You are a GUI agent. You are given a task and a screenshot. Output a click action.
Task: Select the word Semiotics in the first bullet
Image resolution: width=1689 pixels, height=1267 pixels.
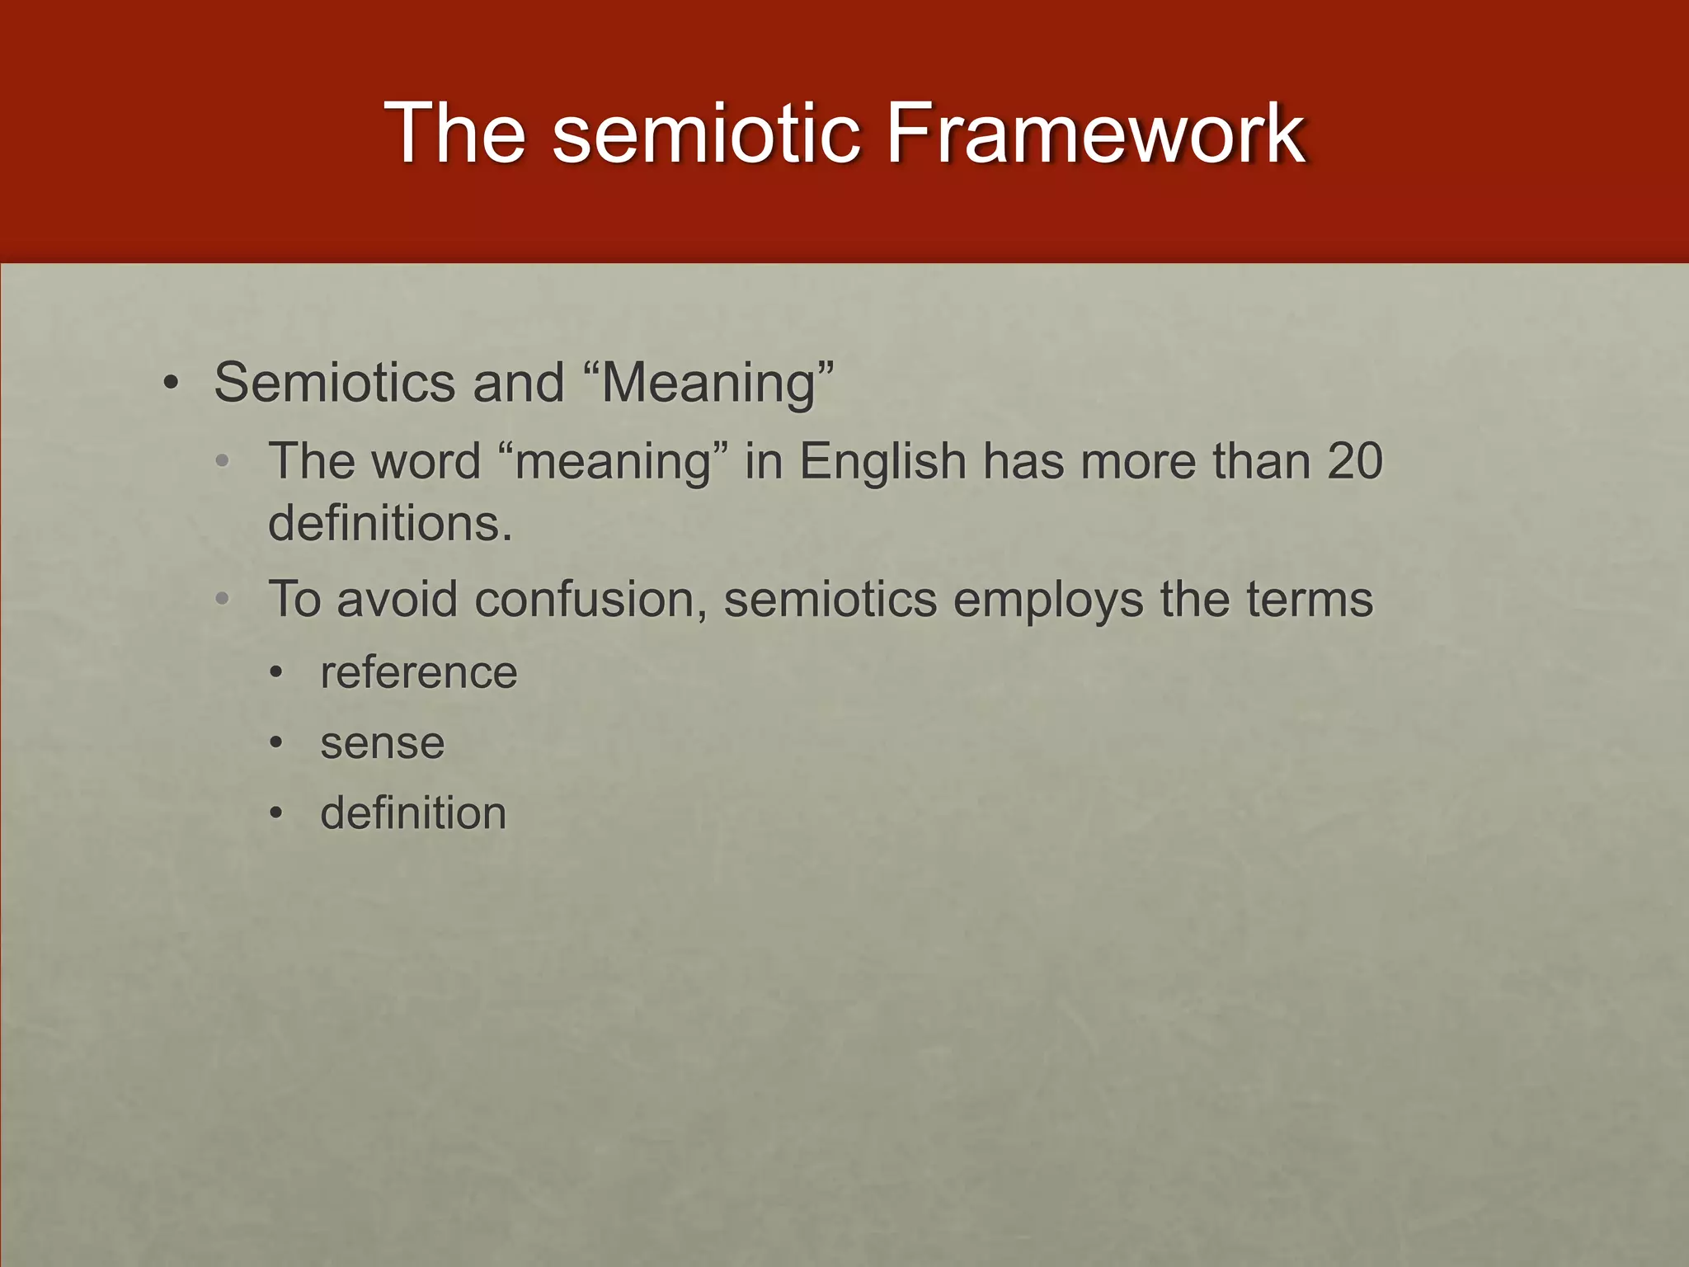[x=334, y=383]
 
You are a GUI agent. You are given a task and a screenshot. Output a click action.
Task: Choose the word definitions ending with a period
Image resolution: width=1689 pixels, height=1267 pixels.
[x=390, y=523]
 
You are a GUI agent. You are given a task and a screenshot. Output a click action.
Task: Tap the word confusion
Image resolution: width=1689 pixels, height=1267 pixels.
[x=590, y=600]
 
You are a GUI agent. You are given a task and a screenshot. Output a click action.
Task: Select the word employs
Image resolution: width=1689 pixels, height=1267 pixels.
[x=1048, y=601]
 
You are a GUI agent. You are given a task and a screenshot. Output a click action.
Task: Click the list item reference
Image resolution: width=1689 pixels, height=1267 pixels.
[x=419, y=672]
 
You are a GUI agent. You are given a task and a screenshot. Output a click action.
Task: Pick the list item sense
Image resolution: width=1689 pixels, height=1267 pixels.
[x=383, y=743]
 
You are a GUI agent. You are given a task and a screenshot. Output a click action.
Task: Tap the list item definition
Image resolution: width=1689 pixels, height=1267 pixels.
[x=413, y=813]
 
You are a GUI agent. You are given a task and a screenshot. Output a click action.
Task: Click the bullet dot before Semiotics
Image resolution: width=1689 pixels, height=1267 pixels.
[x=171, y=384]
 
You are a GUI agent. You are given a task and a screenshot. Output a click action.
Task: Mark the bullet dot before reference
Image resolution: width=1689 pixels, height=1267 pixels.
[x=277, y=673]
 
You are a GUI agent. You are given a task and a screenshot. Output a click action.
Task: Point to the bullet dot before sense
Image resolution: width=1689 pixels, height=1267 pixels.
[x=277, y=744]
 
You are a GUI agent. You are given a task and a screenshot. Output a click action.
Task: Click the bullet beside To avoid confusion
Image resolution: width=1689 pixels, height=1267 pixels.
[x=222, y=600]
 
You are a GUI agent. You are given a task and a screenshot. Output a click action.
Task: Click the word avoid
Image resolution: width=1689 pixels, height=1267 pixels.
[x=397, y=600]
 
